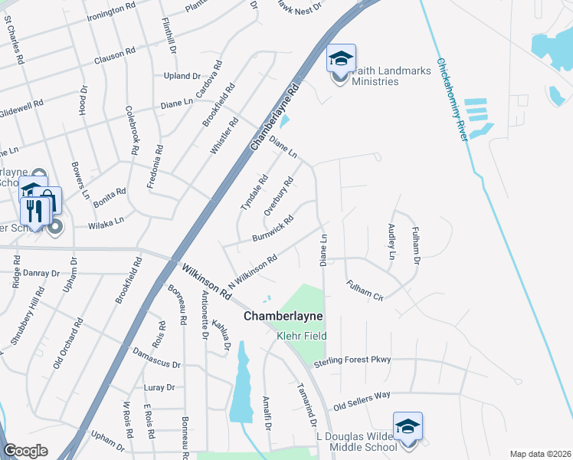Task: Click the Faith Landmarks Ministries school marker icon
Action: coord(342,58)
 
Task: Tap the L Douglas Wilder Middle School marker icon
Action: coord(408,426)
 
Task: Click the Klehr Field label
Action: coord(301,336)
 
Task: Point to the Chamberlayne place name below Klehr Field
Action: coord(283,316)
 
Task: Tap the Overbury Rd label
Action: coord(279,197)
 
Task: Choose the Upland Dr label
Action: coord(182,76)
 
